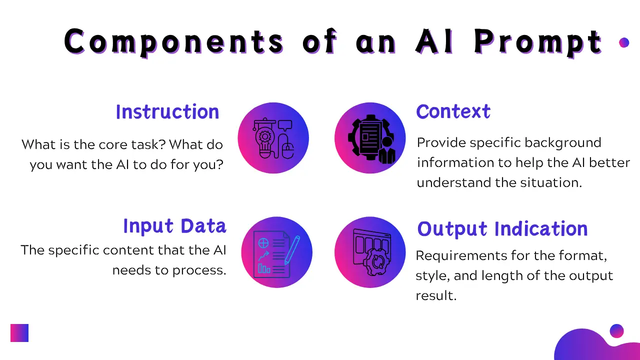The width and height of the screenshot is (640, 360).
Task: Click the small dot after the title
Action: tap(623, 42)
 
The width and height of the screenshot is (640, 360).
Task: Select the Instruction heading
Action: tap(167, 112)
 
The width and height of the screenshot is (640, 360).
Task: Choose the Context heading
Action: tap(453, 111)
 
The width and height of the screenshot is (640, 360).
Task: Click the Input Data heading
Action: tap(174, 226)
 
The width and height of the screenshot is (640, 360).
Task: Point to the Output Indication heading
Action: tap(502, 229)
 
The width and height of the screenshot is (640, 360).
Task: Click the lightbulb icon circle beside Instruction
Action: tap(273, 138)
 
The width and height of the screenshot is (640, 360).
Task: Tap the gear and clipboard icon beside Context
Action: tap(370, 138)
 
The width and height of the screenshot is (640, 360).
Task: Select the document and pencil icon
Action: tap(276, 252)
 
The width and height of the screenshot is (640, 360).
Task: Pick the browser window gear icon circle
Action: tap(370, 252)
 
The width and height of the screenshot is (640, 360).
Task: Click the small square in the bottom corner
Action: tap(19, 333)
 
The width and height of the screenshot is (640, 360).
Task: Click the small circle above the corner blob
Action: tap(616, 331)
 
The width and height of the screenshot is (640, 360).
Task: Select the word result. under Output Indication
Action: tap(436, 295)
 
